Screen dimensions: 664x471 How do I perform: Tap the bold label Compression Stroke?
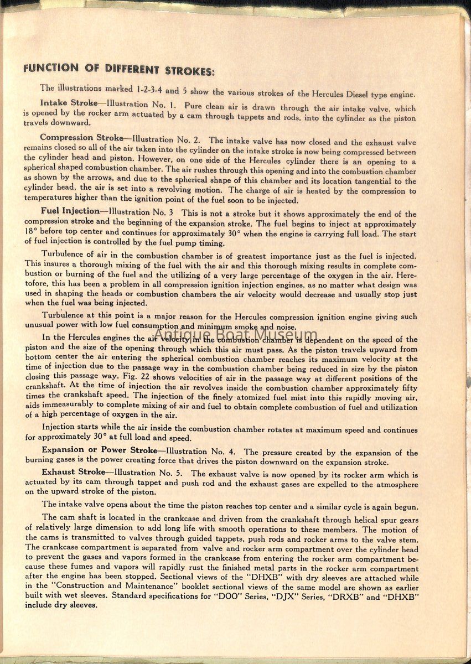[x=81, y=138]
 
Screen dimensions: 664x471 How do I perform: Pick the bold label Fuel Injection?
[x=73, y=211]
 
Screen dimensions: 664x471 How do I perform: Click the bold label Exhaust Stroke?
[x=73, y=472]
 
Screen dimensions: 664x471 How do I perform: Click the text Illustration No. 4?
[x=201, y=452]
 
